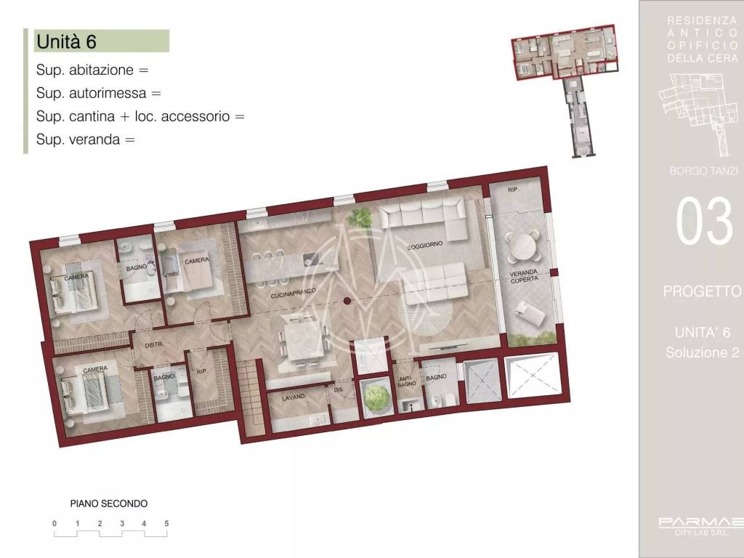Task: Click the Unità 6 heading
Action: (x=66, y=41)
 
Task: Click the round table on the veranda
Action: (x=523, y=248)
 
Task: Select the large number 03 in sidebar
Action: (x=703, y=222)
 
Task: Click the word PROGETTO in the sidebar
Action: (x=702, y=291)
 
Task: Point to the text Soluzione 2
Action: (x=702, y=353)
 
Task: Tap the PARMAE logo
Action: (x=700, y=522)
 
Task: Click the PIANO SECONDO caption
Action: (x=109, y=503)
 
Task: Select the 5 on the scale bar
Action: (x=166, y=523)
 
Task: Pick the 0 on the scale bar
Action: (x=54, y=523)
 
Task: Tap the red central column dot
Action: (x=347, y=301)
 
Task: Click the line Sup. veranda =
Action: (x=86, y=139)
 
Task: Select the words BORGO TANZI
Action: (x=702, y=171)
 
